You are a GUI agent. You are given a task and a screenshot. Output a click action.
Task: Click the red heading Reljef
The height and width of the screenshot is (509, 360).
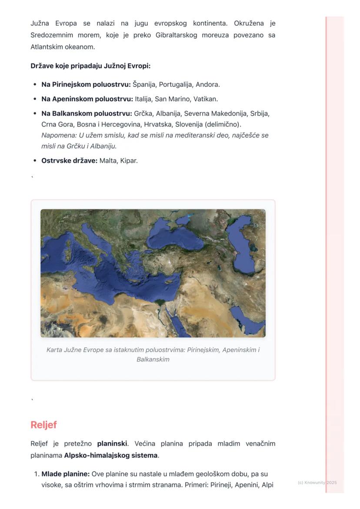[43, 425]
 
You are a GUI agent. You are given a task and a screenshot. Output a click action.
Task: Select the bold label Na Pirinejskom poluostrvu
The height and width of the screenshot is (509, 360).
[86, 84]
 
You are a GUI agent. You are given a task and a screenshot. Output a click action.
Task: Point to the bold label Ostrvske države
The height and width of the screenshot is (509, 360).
[69, 160]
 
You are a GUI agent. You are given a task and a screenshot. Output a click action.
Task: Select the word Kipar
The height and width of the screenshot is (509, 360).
[129, 160]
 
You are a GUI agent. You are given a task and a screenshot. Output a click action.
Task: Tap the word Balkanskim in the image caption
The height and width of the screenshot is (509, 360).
[153, 359]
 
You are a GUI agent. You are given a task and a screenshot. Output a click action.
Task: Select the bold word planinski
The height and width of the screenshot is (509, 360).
[112, 444]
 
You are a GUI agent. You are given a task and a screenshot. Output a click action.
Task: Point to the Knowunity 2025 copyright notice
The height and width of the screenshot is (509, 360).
[317, 482]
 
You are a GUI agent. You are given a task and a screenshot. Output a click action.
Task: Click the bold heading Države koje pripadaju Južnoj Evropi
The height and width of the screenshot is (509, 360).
[90, 66]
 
